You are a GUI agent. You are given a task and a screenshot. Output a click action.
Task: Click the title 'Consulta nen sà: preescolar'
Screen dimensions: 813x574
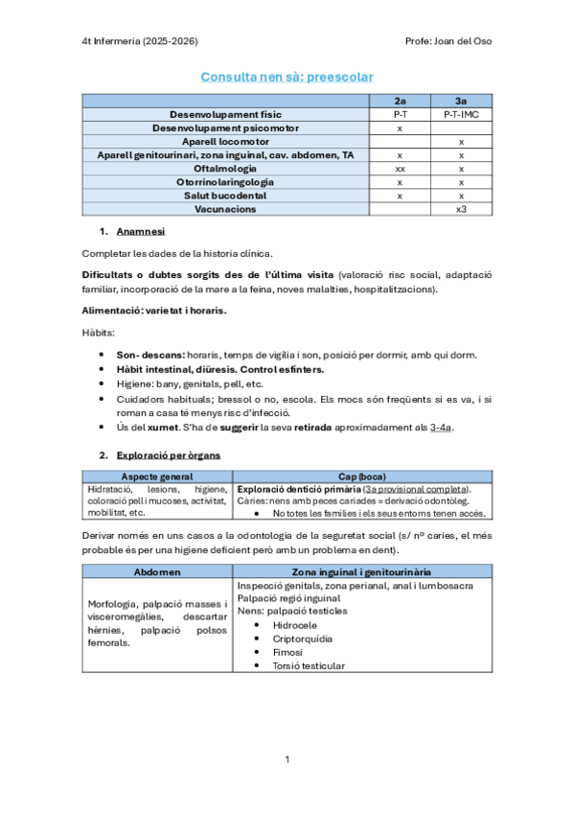point(287,76)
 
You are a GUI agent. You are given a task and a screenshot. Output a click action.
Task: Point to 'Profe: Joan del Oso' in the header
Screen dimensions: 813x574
point(449,41)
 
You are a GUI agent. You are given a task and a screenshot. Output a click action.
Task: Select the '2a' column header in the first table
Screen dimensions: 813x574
point(400,101)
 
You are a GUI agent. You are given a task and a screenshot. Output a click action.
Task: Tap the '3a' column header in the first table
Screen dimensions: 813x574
point(461,101)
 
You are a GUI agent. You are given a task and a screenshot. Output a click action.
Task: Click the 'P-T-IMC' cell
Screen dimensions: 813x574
point(461,114)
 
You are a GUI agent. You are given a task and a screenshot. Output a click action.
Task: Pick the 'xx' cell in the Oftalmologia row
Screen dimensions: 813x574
point(400,168)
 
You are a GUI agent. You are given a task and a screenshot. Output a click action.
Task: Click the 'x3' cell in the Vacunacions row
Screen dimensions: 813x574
point(461,208)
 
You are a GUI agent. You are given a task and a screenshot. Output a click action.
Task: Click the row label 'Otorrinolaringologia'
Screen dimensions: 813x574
point(225,181)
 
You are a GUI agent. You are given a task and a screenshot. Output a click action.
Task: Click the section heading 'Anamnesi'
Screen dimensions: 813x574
point(141,231)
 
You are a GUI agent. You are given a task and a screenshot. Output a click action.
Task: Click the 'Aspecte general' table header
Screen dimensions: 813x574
point(157,476)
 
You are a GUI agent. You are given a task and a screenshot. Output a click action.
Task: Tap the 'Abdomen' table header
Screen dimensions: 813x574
point(157,570)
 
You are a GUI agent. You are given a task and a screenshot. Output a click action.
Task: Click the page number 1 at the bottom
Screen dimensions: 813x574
point(287,759)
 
